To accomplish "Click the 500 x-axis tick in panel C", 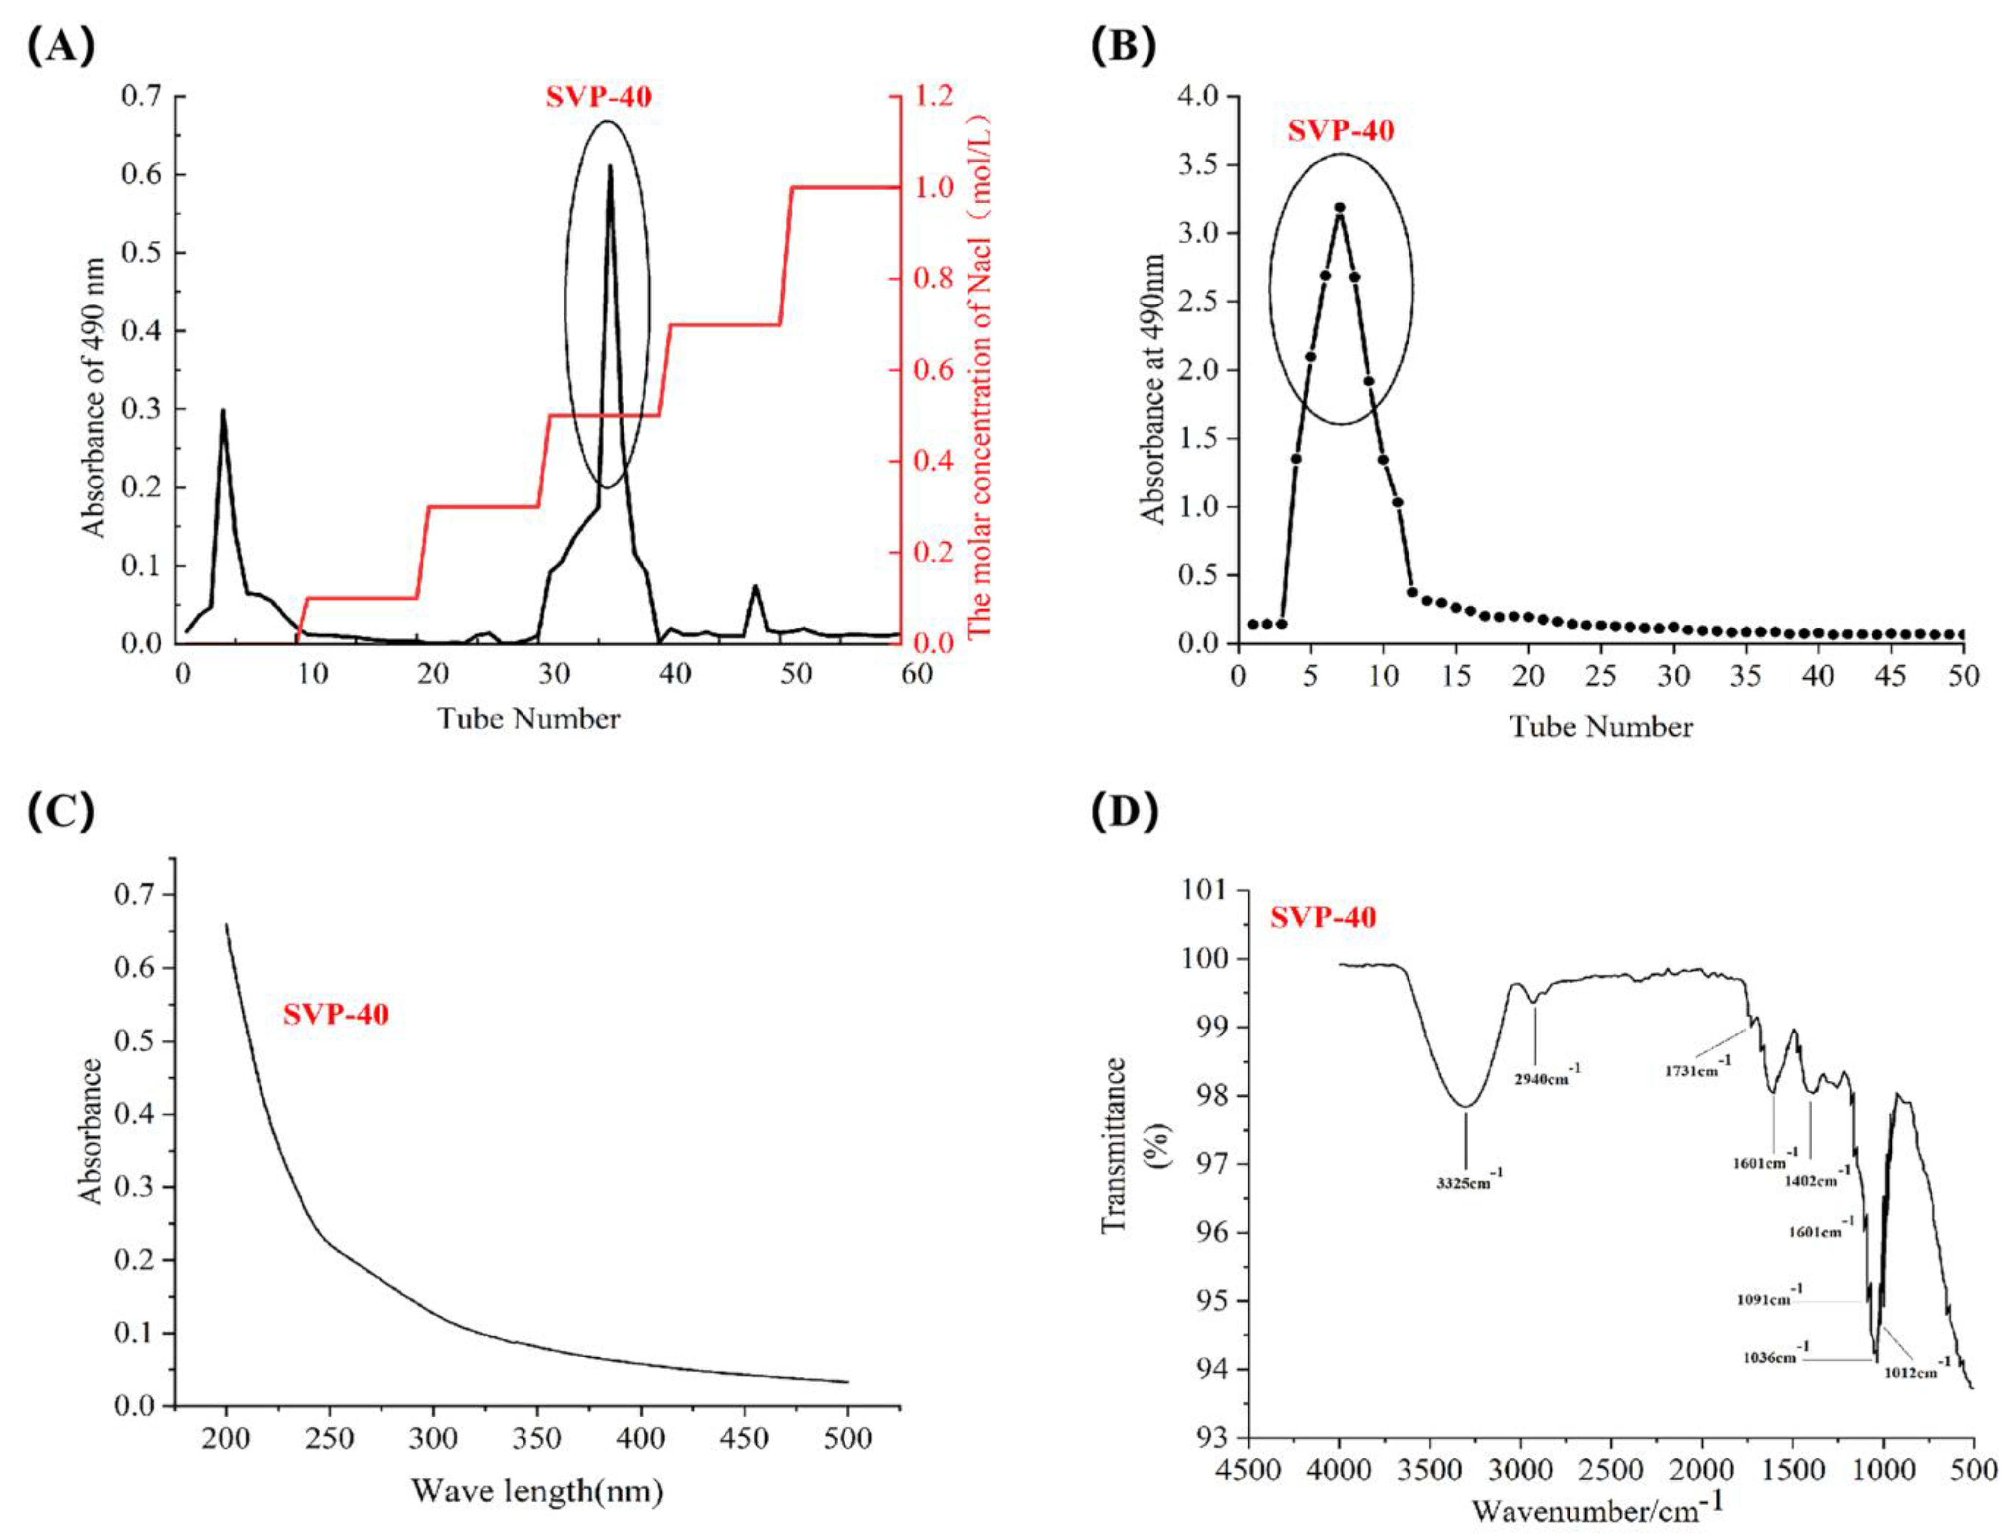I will point(847,1438).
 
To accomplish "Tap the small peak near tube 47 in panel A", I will point(756,587).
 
